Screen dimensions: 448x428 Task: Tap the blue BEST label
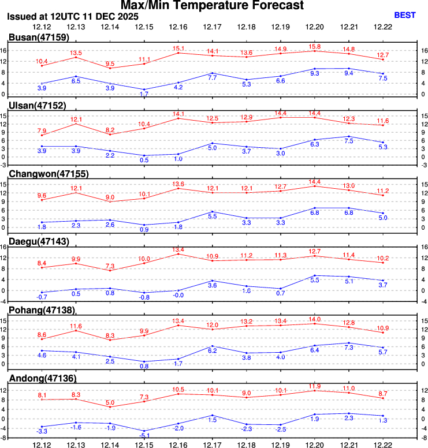(x=404, y=15)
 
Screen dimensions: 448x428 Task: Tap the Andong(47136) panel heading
(x=42, y=378)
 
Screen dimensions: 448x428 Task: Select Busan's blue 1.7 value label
(x=144, y=94)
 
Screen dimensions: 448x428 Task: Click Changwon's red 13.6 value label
(x=178, y=184)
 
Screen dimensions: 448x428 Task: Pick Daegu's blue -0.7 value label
(x=42, y=297)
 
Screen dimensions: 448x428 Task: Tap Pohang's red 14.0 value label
(x=314, y=319)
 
